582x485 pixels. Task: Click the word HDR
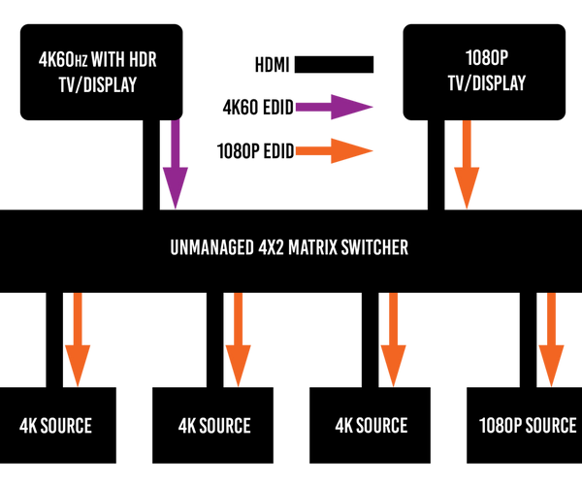[142, 61]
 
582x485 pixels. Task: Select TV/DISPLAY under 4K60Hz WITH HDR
[98, 84]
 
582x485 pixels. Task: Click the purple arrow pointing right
[335, 107]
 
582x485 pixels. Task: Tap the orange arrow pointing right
[335, 150]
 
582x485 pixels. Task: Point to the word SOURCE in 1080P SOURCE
[550, 426]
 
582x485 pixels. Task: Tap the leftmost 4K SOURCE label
[55, 426]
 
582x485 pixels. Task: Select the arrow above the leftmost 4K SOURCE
[78, 339]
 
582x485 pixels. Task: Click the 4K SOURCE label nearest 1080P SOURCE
[371, 426]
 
